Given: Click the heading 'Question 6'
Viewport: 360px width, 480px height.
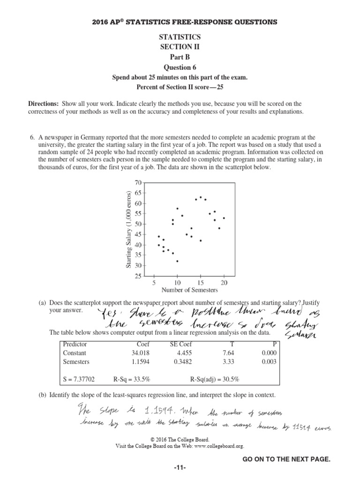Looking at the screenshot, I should (x=180, y=67).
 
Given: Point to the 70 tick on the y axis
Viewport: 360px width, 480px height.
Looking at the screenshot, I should (x=138, y=183).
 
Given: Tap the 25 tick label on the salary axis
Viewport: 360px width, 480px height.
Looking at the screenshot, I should (x=138, y=277).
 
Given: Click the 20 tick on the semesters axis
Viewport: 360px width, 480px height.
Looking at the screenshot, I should (x=224, y=283).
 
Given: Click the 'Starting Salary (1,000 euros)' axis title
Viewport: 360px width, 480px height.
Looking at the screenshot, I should (x=128, y=229).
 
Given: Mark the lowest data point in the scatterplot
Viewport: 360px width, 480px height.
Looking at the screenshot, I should (x=177, y=261).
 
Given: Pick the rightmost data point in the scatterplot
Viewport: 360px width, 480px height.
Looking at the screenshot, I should (x=224, y=218).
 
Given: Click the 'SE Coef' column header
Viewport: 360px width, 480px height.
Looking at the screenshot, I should (x=182, y=344).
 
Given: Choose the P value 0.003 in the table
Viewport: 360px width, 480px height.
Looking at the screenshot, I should (x=269, y=361).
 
